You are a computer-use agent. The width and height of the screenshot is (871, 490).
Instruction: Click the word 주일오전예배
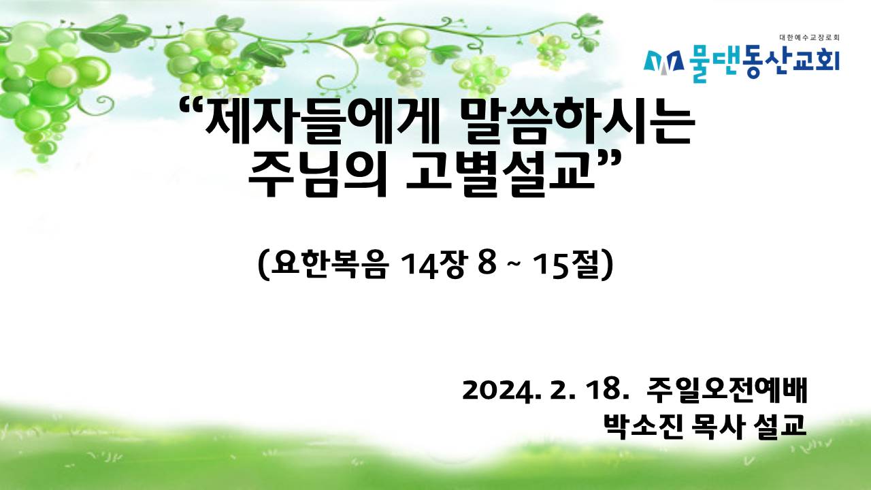click(727, 390)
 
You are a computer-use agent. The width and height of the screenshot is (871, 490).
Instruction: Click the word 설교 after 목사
click(780, 427)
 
